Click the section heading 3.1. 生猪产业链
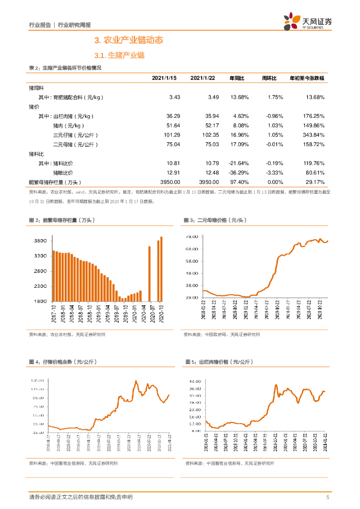point(119,55)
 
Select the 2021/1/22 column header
point(202,79)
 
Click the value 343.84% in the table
point(313,135)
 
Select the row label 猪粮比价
point(63,172)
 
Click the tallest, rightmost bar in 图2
point(162,269)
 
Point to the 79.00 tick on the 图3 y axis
point(191,237)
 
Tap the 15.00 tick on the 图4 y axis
point(38,433)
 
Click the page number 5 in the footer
point(328,498)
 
